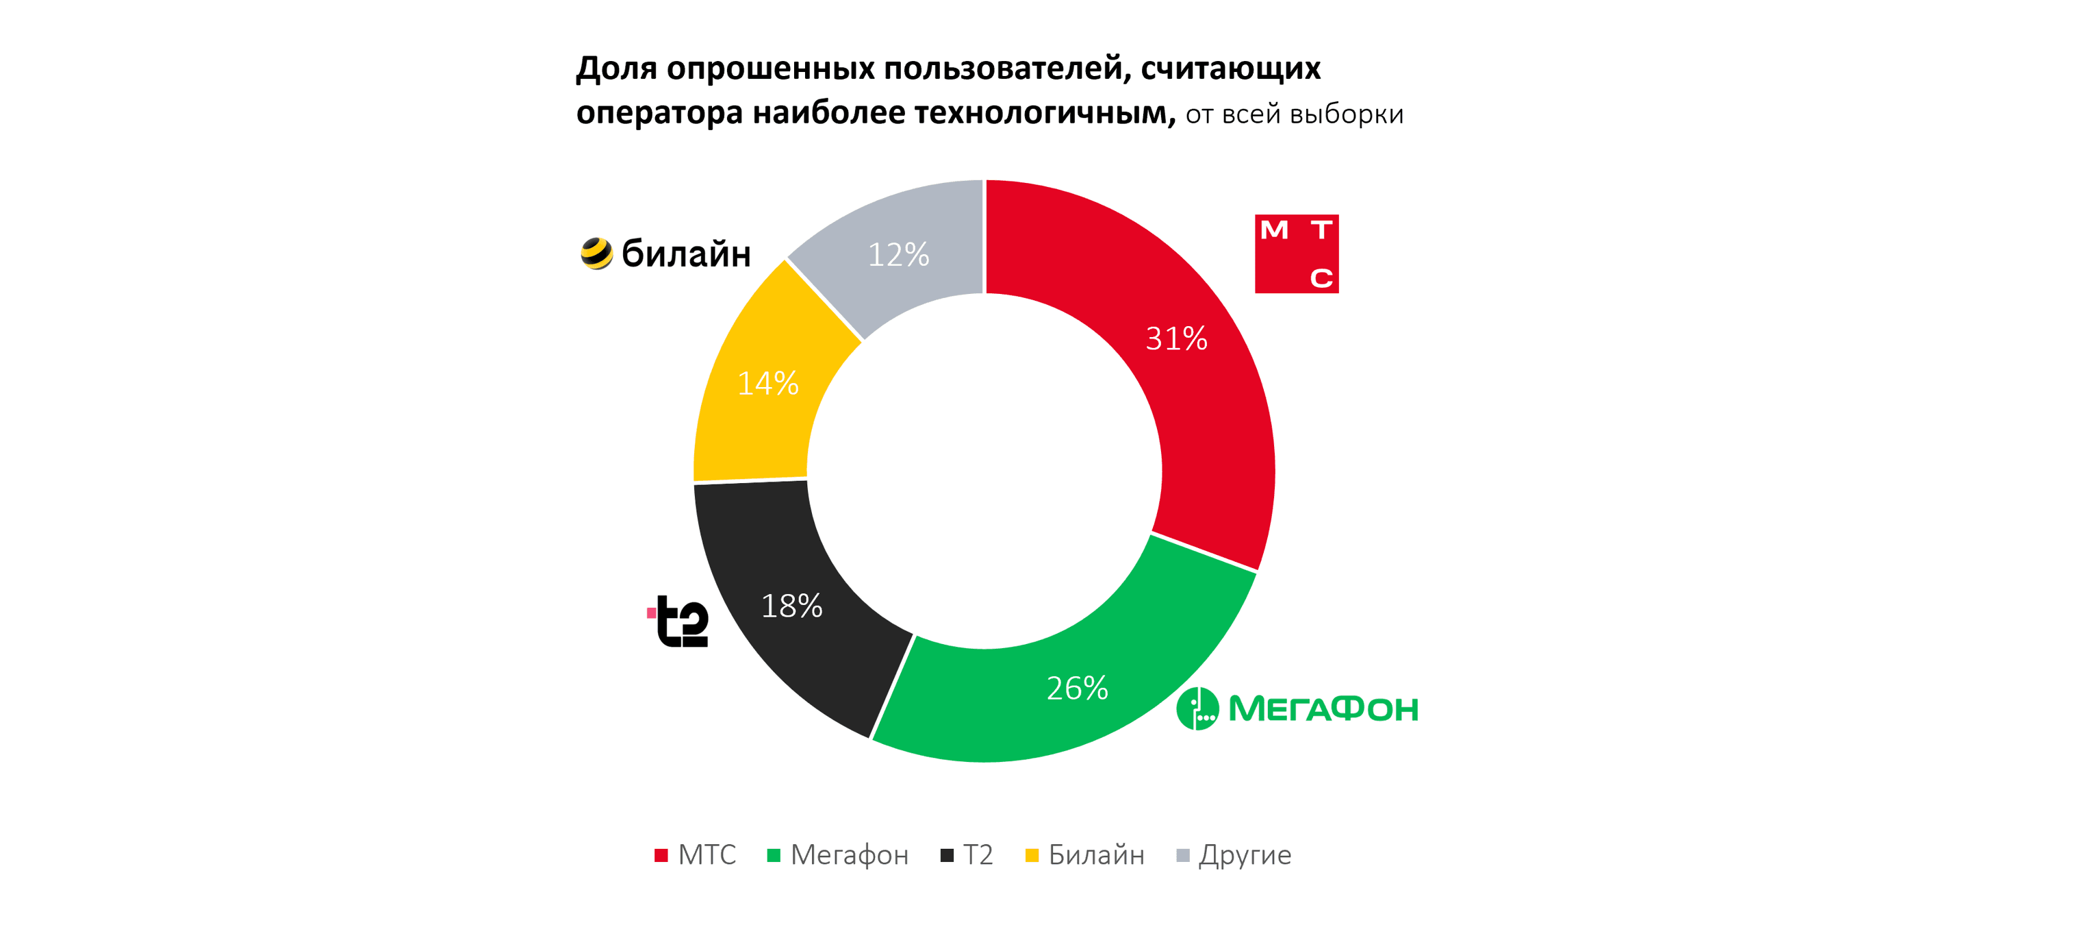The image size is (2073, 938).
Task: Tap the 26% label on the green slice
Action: (1077, 689)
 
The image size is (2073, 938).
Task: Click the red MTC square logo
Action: (1297, 254)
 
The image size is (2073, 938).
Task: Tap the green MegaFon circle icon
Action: (1197, 708)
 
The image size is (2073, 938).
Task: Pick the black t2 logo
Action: (680, 621)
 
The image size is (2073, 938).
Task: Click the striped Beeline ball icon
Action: (596, 254)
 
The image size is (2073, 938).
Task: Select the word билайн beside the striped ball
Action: (687, 254)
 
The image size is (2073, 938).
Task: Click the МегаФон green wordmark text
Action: (1323, 709)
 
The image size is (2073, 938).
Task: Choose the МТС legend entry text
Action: (707, 855)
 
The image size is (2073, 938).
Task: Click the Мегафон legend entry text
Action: (849, 855)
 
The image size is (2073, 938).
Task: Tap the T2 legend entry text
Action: (978, 855)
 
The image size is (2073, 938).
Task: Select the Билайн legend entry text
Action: (1096, 855)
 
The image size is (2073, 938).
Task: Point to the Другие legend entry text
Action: (1245, 855)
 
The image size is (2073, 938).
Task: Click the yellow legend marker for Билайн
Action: (1032, 855)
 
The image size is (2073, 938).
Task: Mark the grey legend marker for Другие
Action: (1183, 855)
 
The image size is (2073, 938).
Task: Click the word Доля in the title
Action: (616, 69)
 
